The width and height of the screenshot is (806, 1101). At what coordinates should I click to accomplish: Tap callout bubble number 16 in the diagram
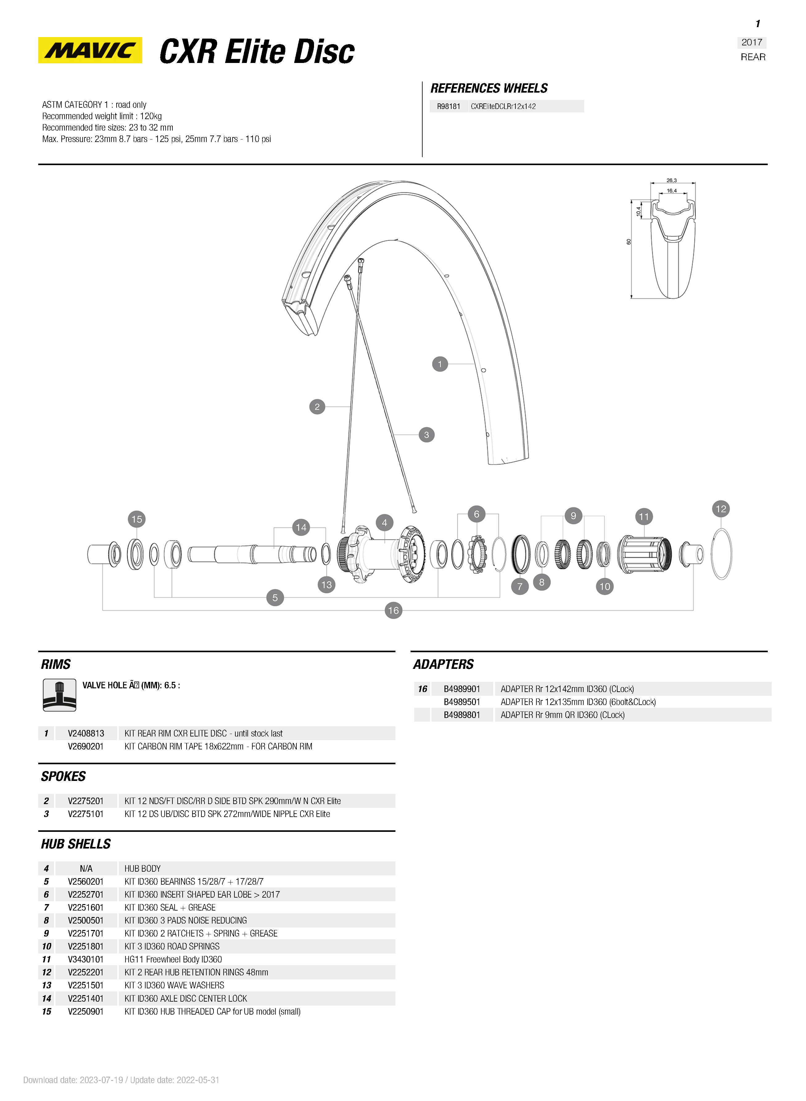coord(393,610)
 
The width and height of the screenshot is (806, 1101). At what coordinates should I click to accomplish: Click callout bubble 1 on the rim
coord(440,364)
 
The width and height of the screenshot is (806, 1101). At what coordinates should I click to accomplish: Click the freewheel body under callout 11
coord(644,554)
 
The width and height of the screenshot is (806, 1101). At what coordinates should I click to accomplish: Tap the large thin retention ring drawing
coord(721,554)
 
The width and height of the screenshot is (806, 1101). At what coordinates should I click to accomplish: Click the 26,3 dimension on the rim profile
coord(672,180)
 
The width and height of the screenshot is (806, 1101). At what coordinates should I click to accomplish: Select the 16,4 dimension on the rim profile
coord(672,190)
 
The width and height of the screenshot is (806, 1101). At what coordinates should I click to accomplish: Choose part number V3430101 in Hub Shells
coord(86,959)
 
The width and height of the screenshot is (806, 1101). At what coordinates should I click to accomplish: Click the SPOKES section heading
coord(64,776)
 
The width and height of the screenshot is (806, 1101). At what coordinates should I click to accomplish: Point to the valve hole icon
coord(60,695)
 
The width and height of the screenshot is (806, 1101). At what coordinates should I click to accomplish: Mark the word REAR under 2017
coord(753,57)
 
